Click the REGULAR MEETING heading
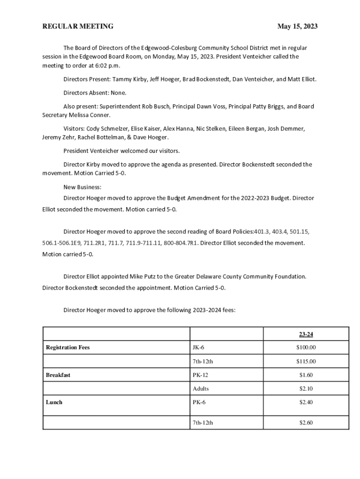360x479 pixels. pyautogui.click(x=78, y=27)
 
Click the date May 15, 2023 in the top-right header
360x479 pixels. pyautogui.click(x=297, y=27)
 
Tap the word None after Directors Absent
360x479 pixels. pyautogui.click(x=118, y=93)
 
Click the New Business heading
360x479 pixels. pyautogui.click(x=82, y=188)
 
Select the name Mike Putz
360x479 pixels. pyautogui.click(x=127, y=277)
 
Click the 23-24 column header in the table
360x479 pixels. pyautogui.click(x=306, y=334)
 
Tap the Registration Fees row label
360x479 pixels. pyautogui.click(x=68, y=348)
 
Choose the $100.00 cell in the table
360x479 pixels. pyautogui.click(x=306, y=348)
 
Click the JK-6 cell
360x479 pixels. pyautogui.click(x=198, y=348)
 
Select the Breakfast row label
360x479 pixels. pyautogui.click(x=58, y=375)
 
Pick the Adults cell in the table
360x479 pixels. pyautogui.click(x=201, y=389)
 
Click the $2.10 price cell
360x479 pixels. pyautogui.click(x=306, y=389)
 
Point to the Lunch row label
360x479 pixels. pyautogui.click(x=54, y=402)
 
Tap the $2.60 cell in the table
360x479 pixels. pyautogui.click(x=306, y=423)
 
